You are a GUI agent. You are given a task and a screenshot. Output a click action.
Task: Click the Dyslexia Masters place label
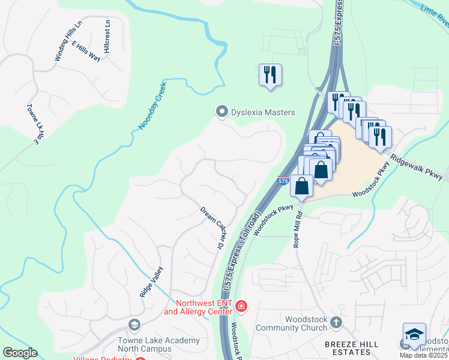263,112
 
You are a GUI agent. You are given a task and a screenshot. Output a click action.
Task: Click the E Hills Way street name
86,52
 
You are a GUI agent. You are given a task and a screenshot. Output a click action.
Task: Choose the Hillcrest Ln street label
107,37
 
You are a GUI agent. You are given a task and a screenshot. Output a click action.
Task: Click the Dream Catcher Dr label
212,228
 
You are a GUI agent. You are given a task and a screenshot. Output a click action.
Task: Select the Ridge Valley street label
151,282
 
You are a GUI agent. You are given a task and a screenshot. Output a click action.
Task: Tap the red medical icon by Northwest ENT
241,307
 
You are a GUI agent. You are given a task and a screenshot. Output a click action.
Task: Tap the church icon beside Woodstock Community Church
336,322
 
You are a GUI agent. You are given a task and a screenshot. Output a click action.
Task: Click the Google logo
20,352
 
